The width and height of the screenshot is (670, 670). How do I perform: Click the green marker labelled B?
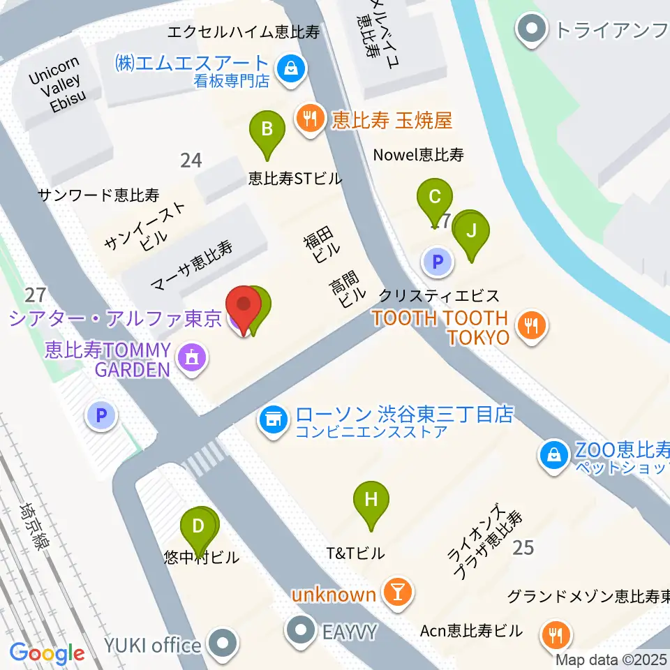[267, 130]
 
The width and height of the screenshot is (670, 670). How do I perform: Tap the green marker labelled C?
[434, 197]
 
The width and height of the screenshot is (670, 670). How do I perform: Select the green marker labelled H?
[371, 500]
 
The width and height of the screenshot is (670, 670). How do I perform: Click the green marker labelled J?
[472, 230]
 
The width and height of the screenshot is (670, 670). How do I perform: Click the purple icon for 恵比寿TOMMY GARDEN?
[190, 359]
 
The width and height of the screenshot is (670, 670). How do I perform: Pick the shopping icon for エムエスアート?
[288, 69]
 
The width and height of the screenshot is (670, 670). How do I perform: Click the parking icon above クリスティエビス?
[438, 262]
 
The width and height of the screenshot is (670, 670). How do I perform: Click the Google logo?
[47, 653]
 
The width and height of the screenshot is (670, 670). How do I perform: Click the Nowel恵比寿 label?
[419, 155]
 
